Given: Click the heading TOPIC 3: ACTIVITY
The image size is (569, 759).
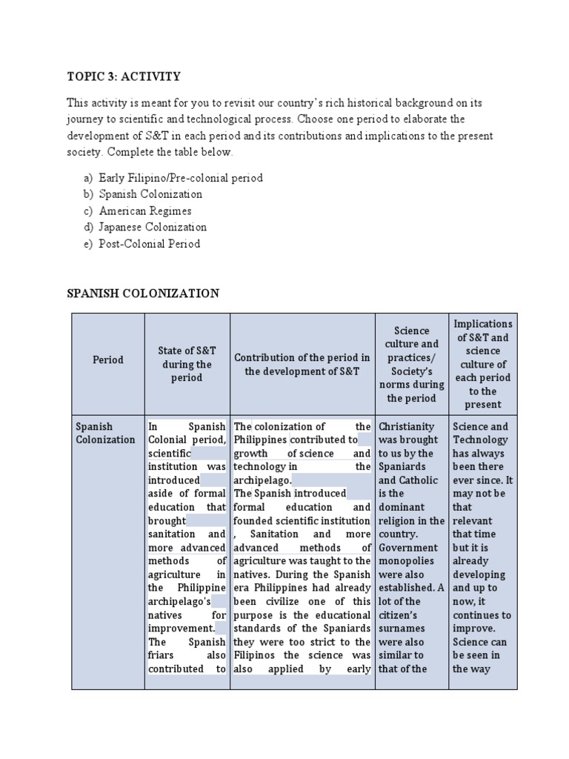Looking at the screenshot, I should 124,77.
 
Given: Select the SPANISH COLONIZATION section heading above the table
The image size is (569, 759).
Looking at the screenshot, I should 143,294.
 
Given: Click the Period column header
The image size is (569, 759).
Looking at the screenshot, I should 108,359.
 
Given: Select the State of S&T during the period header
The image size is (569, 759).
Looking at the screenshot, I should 187,364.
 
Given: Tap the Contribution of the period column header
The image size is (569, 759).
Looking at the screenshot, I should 302,364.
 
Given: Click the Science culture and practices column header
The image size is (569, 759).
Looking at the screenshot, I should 411,364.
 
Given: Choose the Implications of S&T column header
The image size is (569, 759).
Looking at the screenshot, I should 482,364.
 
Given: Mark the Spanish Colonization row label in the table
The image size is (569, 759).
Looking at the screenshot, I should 105,433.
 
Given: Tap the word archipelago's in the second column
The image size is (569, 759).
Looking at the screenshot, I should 179,601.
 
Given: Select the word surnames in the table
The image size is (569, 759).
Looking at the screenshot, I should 401,629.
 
